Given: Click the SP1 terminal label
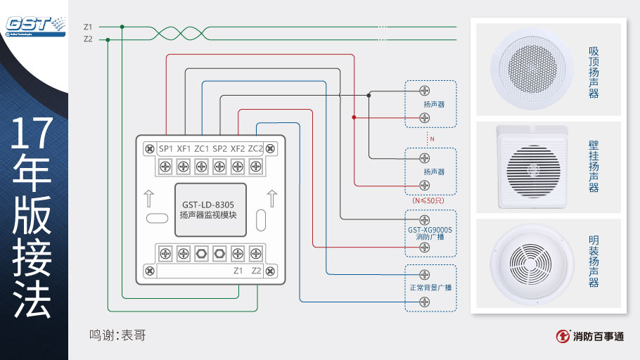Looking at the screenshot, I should [x=166, y=148].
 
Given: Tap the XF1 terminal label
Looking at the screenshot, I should [x=184, y=148].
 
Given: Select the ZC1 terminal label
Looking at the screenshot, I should [x=202, y=148].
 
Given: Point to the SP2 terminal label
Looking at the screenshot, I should [x=219, y=148].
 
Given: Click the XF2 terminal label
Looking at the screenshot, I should [x=238, y=148].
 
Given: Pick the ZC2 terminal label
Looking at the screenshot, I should [x=255, y=148].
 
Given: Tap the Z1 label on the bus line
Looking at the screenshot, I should [x=88, y=27].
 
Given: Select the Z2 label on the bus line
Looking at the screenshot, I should [x=88, y=39].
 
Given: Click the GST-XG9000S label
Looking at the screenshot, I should [x=430, y=230].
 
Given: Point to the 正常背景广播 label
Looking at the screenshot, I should [x=430, y=288].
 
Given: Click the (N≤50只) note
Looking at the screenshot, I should [x=428, y=200].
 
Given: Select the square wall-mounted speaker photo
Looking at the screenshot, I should [x=532, y=168].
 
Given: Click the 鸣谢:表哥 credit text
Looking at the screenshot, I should [x=117, y=335].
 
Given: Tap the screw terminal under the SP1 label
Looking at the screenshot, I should [x=165, y=167].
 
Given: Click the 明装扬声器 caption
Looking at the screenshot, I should [x=594, y=261].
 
